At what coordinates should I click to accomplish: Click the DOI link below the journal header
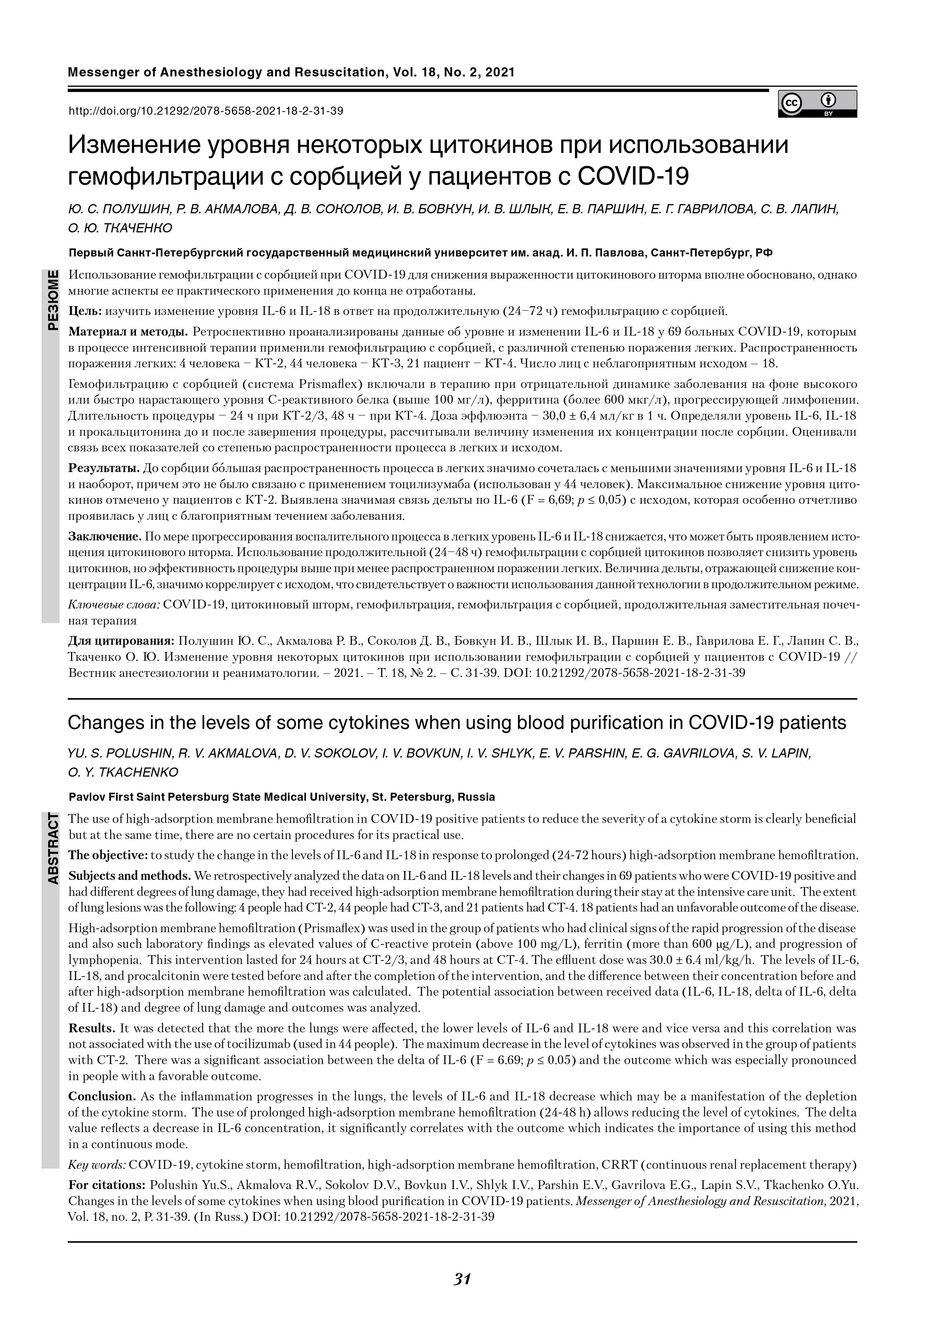[x=206, y=111]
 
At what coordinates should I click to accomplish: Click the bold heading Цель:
[x=85, y=312]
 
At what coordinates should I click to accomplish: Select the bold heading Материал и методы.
[x=128, y=332]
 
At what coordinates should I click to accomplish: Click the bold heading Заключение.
[x=105, y=536]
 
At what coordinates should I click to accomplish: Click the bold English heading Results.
[x=92, y=1028]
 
